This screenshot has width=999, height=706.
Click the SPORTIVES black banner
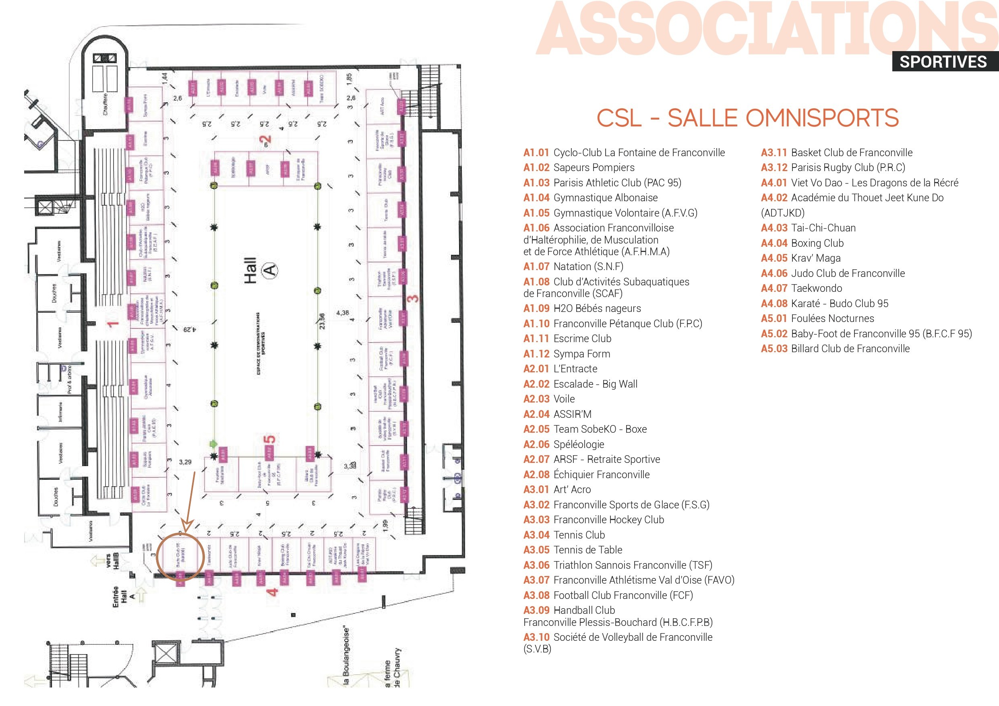click(x=943, y=62)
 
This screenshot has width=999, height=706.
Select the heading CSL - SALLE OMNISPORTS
click(x=747, y=118)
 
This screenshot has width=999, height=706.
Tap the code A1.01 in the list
click(x=536, y=153)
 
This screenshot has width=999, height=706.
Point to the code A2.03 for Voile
click(x=536, y=399)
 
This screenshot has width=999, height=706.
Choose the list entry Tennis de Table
click(x=588, y=550)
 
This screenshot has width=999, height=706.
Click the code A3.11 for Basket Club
click(x=774, y=153)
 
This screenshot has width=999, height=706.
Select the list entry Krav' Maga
click(x=815, y=258)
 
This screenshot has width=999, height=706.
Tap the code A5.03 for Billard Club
click(x=774, y=349)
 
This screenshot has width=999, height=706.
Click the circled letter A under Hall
click(x=270, y=270)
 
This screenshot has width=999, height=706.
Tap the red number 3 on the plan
click(x=414, y=299)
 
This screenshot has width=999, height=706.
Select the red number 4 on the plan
click(x=273, y=592)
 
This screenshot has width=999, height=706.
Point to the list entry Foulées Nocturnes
click(x=832, y=318)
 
